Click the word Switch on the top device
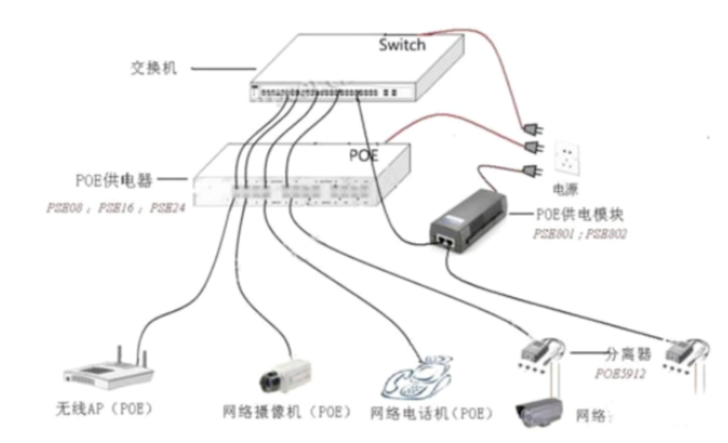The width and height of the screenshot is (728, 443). pyautogui.click(x=402, y=45)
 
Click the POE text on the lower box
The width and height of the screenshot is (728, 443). pyautogui.click(x=363, y=155)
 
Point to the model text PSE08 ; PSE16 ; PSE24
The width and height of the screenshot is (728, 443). pyautogui.click(x=115, y=207)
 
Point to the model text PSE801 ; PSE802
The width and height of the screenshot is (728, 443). pyautogui.click(x=580, y=234)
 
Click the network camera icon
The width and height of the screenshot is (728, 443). pyautogui.click(x=285, y=373)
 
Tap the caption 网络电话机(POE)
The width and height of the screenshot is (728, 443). pyautogui.click(x=432, y=412)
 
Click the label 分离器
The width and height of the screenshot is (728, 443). pyautogui.click(x=628, y=354)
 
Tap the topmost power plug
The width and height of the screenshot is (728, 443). pyautogui.click(x=530, y=130)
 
